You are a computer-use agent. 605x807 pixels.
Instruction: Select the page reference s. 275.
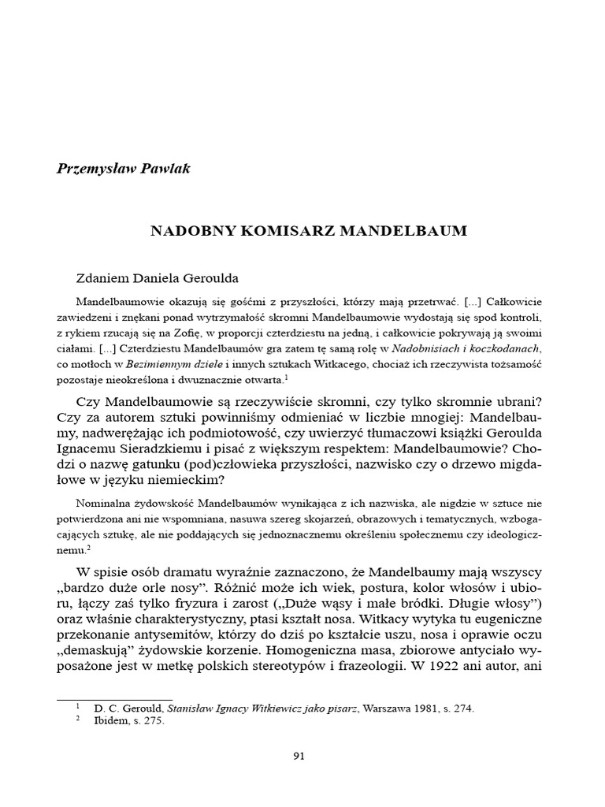(151, 720)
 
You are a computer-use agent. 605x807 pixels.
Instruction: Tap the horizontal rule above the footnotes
(114, 697)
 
